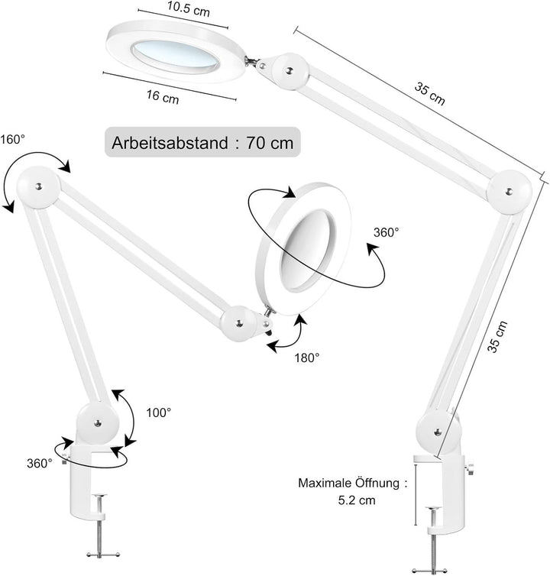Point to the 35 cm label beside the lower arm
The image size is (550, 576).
[x=497, y=336]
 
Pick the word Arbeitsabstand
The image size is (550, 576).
[x=170, y=143]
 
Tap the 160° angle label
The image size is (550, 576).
[x=12, y=140]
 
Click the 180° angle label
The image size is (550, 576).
[x=307, y=357]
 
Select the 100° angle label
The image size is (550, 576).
[x=159, y=413]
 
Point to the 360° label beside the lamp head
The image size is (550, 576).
[x=386, y=231]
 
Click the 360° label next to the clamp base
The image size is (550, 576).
[x=39, y=463]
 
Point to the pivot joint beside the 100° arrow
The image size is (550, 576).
[x=98, y=422]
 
